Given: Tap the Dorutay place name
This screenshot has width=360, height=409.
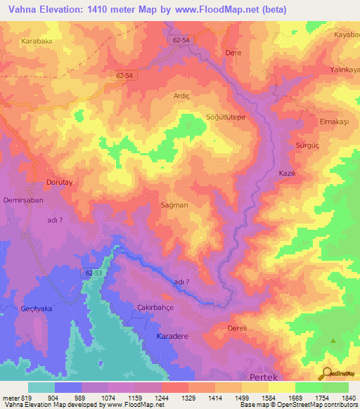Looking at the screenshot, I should [60, 182].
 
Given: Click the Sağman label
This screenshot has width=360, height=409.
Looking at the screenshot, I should [174, 205].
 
